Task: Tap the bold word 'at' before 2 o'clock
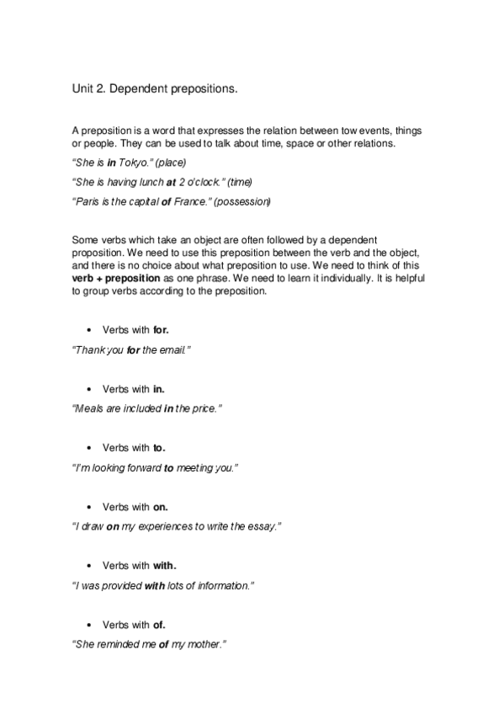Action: tap(171, 182)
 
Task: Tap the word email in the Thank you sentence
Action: tap(174, 349)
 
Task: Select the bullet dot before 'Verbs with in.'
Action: tap(89, 389)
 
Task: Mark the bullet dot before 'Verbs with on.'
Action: tap(89, 507)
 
